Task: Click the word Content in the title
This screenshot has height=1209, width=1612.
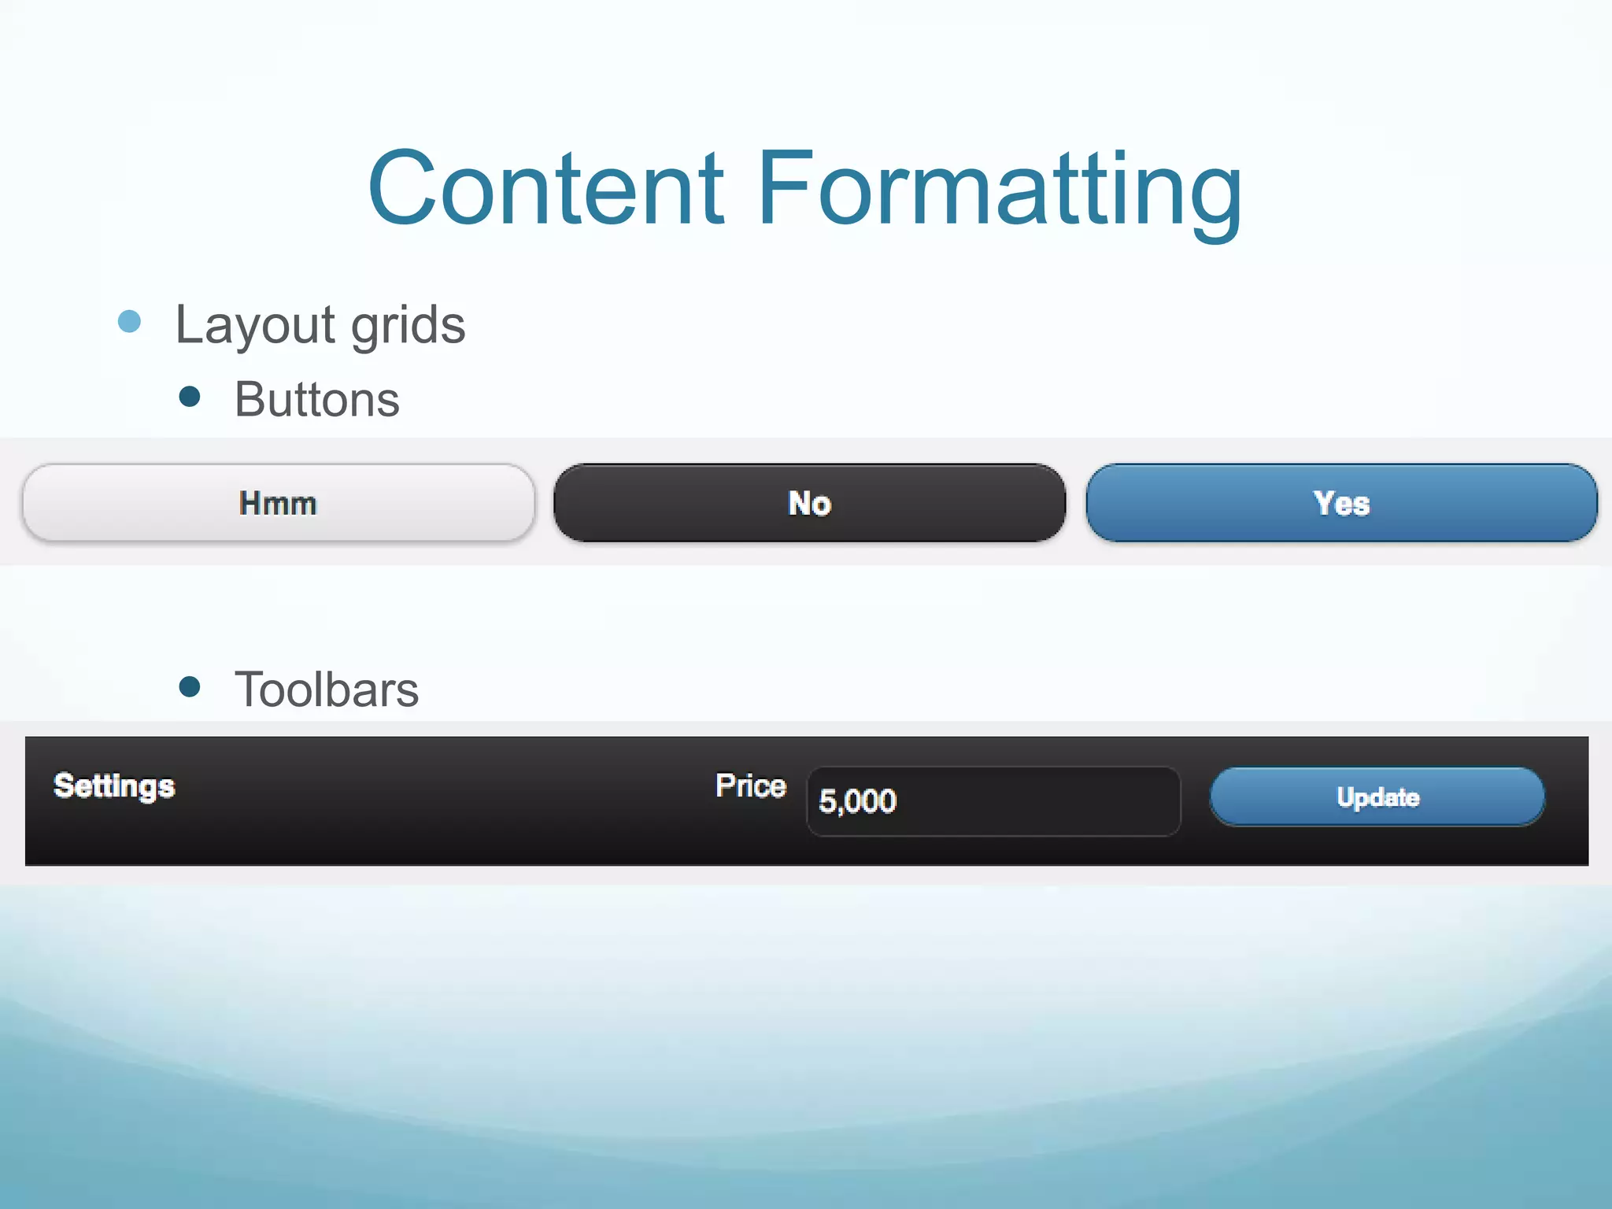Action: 545,189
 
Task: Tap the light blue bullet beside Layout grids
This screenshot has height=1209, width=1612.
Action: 129,321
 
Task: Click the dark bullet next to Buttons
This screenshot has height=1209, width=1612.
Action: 190,396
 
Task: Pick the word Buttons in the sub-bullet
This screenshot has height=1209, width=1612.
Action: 317,399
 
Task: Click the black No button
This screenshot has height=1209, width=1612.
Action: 809,503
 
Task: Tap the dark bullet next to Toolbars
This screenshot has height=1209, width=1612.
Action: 190,686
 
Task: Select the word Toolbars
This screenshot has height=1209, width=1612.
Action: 327,690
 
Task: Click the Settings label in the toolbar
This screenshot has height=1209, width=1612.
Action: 114,786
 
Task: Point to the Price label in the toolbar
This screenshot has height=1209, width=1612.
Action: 750,786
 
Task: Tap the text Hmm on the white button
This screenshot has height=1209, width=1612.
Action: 278,503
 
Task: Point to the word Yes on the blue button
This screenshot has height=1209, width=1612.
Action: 1341,503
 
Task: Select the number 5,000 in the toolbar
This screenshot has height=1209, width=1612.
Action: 857,801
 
